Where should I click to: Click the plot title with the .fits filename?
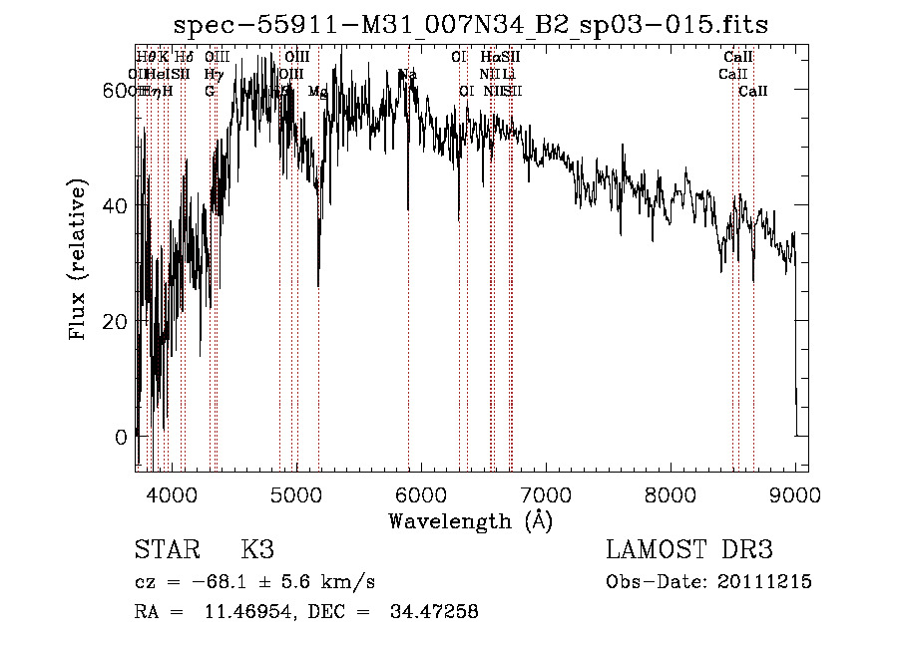470,25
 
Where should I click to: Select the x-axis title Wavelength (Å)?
470,520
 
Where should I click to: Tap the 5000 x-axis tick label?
296,494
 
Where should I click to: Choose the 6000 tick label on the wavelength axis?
421,494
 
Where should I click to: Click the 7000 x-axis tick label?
546,494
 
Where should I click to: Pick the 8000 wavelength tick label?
671,494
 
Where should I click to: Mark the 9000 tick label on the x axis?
795,494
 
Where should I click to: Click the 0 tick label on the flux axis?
122,437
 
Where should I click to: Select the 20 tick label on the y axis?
116,321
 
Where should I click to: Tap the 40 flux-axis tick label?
116,205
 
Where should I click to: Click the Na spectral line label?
407,75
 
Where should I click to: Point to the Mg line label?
317,92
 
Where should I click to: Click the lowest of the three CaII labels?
753,92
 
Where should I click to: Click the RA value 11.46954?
250,612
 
